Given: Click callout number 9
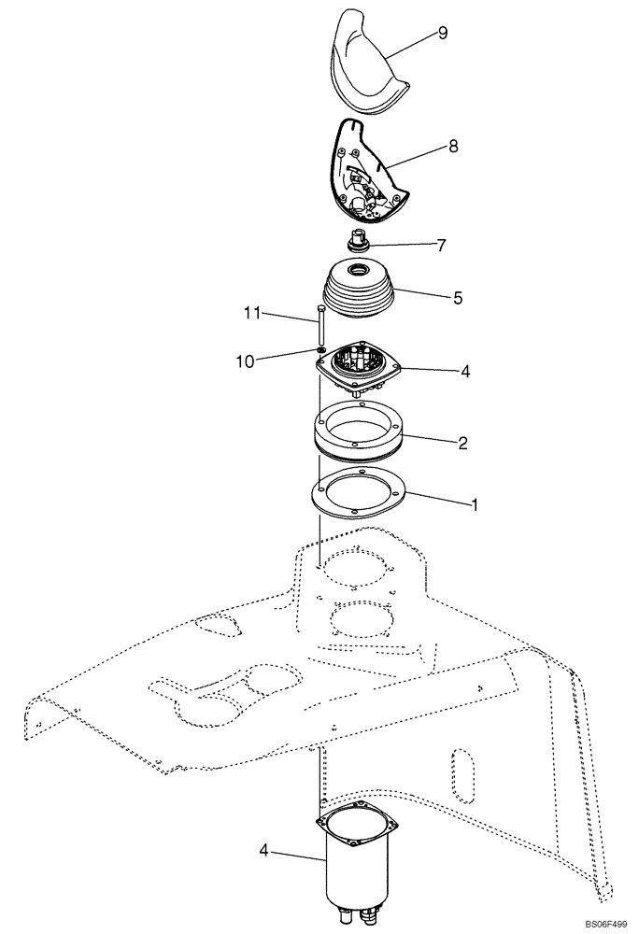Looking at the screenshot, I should click(443, 34).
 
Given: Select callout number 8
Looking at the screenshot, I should click(453, 147).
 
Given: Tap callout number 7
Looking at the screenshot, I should click(440, 246).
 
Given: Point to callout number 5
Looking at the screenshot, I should click(458, 298).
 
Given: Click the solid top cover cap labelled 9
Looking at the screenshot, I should click(366, 65).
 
